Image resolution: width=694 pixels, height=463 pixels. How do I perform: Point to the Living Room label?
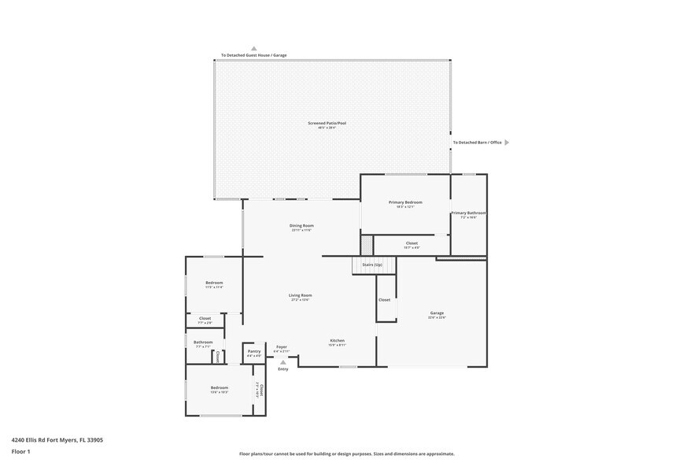coord(301,297)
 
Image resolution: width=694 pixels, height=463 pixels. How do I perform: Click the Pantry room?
coord(253,354)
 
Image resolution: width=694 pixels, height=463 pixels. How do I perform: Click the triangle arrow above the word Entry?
coord(282,361)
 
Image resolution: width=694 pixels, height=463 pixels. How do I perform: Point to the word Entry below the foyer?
coord(282,369)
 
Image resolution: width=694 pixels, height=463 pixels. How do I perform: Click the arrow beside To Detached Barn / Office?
coord(507,143)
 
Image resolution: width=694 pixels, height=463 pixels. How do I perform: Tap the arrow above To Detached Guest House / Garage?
coord(253,48)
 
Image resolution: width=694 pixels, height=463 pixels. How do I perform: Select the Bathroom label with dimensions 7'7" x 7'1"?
coord(203,344)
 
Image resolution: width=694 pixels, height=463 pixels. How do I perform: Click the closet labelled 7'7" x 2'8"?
coord(205,320)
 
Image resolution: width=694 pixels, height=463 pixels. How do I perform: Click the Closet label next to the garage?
coord(384,300)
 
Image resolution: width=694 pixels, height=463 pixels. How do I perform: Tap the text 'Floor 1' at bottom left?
coord(20,451)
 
